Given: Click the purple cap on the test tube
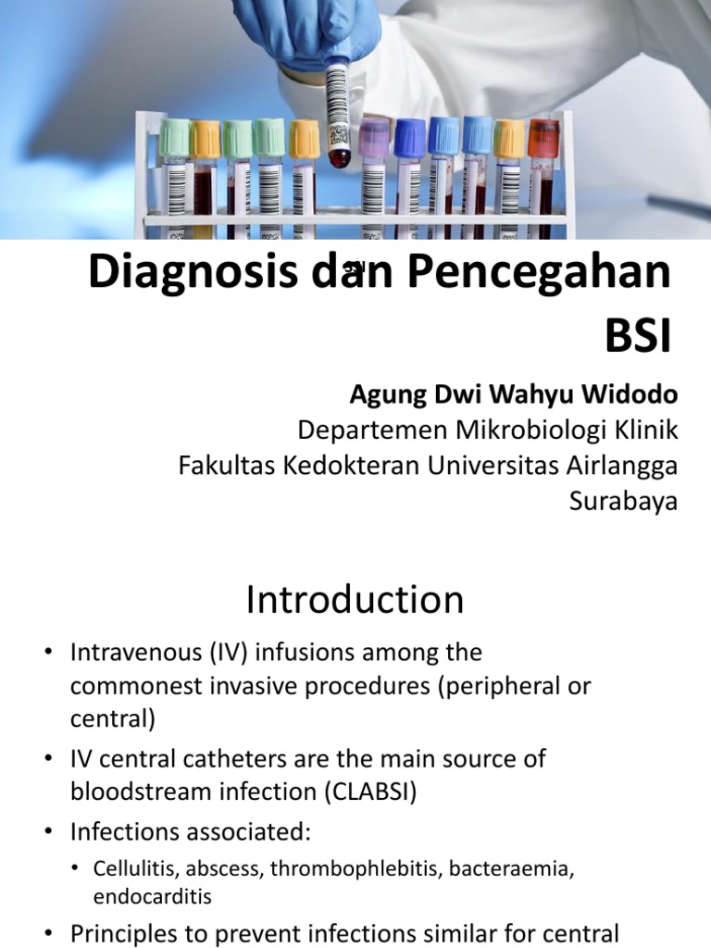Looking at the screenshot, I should click(x=375, y=133).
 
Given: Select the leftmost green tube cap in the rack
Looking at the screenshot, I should click(x=174, y=138).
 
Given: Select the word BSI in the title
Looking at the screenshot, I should click(x=637, y=338).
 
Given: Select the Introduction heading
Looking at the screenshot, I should click(x=355, y=601).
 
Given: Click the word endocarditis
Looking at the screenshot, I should click(x=152, y=897).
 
